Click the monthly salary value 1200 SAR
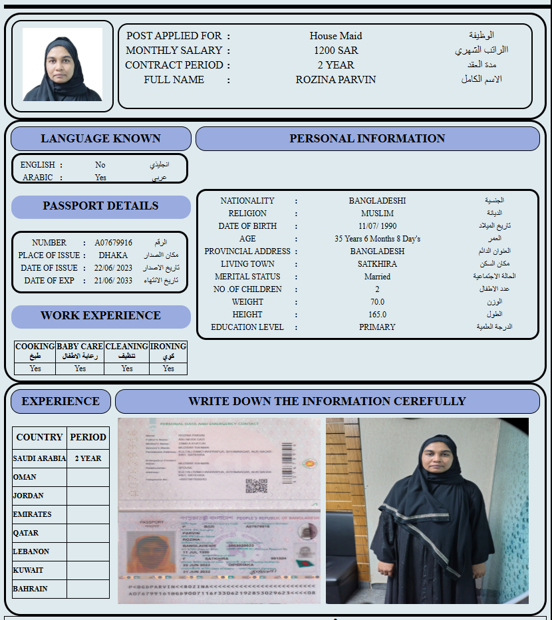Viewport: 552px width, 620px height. click(x=336, y=51)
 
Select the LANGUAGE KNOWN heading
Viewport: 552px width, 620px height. click(x=100, y=138)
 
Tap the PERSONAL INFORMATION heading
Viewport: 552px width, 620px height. click(x=367, y=138)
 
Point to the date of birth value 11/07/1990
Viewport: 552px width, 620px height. click(x=377, y=226)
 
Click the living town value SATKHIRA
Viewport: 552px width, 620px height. click(x=377, y=264)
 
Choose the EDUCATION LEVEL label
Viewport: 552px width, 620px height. click(x=247, y=327)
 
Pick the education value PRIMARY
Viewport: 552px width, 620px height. click(x=377, y=327)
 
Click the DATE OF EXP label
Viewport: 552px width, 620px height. click(x=49, y=281)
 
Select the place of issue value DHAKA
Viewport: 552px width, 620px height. click(x=113, y=255)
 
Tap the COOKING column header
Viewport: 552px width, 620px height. click(x=35, y=347)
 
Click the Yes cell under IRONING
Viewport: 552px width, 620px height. click(x=168, y=369)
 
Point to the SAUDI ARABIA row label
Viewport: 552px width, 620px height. click(x=39, y=458)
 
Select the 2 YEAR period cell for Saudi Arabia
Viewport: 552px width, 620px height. click(x=88, y=458)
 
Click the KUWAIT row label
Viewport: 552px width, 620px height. click(x=28, y=570)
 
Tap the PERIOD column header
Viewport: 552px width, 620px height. click(x=88, y=437)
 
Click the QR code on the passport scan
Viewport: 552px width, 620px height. click(x=256, y=486)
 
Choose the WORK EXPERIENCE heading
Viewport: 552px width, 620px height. click(x=100, y=315)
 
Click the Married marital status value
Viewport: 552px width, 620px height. click(x=377, y=277)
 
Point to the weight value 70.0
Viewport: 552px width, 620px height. click(x=377, y=302)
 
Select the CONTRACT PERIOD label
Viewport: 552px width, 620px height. click(x=174, y=65)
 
